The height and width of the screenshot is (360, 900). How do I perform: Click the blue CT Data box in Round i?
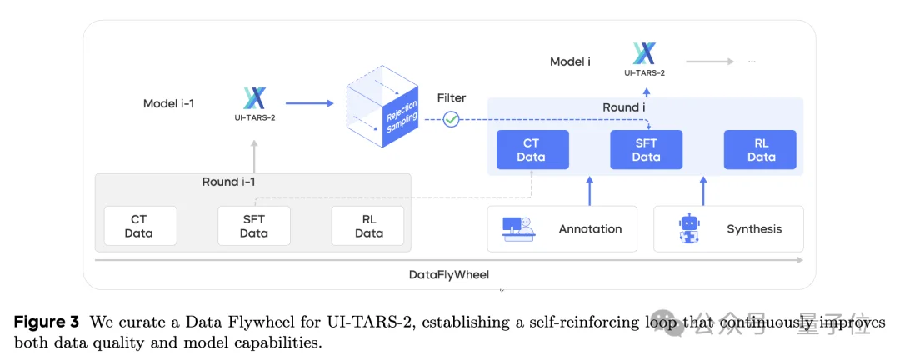[x=532, y=150]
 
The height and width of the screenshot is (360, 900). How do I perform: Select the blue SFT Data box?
[x=646, y=150]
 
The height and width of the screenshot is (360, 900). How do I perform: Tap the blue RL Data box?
[x=760, y=150]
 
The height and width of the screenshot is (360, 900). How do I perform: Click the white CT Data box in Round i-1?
[x=140, y=226]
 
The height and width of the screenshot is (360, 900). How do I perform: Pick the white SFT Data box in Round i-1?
[x=254, y=226]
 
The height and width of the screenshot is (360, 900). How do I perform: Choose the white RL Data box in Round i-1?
[x=367, y=226]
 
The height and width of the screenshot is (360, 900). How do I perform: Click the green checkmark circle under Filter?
[x=451, y=119]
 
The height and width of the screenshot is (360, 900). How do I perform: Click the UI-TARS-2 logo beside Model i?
[x=644, y=55]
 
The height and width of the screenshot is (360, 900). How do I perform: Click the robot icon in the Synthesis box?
[x=689, y=228]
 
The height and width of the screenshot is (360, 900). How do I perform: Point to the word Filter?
[x=451, y=98]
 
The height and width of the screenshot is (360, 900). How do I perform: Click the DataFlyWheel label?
[x=448, y=274]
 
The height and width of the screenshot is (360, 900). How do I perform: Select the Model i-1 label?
[x=169, y=104]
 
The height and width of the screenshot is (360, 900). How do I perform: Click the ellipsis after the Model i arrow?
[x=751, y=62]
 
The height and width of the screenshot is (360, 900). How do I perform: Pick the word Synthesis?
[x=754, y=228]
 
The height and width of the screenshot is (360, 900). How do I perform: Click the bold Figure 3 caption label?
[x=46, y=321]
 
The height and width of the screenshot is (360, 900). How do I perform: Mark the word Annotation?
[x=590, y=228]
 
